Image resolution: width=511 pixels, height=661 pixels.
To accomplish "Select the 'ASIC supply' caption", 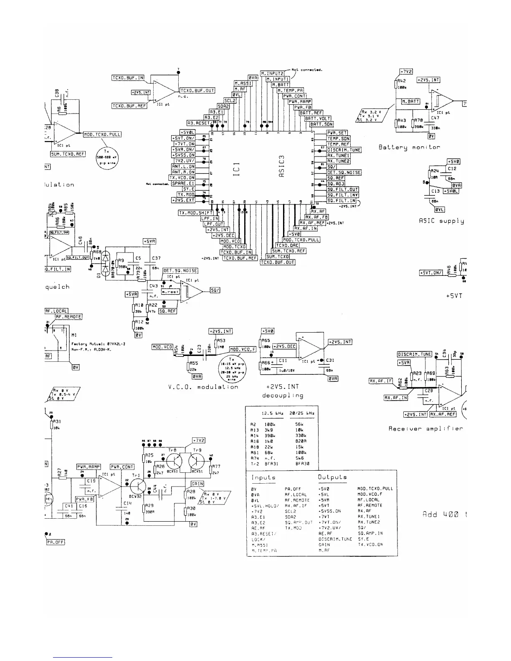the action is pyautogui.click(x=441, y=221).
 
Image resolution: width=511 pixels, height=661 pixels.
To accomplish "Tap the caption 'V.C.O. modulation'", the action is pyautogui.click(x=200, y=387).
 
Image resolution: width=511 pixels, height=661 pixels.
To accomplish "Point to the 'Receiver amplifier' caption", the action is pyautogui.click(x=425, y=429).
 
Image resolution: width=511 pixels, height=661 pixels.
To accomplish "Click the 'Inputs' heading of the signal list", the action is pyautogui.click(x=263, y=477).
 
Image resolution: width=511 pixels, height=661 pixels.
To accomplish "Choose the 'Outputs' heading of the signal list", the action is pyautogui.click(x=332, y=477).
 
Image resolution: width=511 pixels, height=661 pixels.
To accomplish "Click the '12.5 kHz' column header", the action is pyautogui.click(x=272, y=414).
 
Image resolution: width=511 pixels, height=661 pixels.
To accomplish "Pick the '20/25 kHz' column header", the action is pyautogui.click(x=302, y=414).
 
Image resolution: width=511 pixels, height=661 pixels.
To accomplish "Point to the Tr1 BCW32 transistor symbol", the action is pyautogui.click(x=137, y=486).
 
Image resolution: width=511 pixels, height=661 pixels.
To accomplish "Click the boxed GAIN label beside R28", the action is pyautogui.click(x=197, y=484).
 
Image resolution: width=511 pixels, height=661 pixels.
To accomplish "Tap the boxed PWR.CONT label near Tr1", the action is pyautogui.click(x=122, y=467).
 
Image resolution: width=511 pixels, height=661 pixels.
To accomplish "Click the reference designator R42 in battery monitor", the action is pyautogui.click(x=402, y=81).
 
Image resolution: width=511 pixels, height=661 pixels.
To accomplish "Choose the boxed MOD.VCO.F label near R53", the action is pyautogui.click(x=243, y=349).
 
